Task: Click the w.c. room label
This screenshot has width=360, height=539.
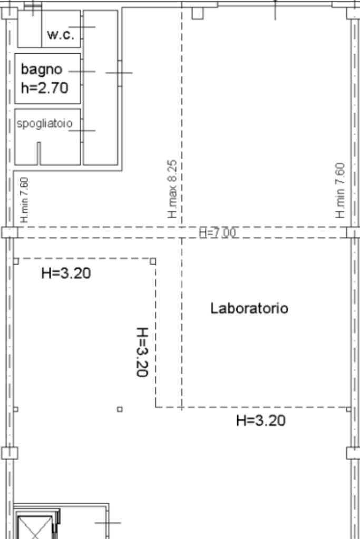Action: coord(61,34)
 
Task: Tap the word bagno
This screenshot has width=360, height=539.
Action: coord(42,70)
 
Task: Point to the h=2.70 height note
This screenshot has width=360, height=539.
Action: coord(45,88)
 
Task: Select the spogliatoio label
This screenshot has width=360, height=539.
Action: coord(44,123)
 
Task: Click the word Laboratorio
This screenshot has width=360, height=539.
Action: coord(249,308)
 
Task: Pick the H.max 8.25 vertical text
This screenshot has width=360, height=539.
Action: coord(172,189)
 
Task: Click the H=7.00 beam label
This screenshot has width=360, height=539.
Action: coord(218,233)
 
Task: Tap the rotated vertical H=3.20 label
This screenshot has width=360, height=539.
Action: coord(142,352)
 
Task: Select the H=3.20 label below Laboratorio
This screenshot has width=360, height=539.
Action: coord(260,420)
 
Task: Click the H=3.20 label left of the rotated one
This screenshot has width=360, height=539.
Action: coord(66,273)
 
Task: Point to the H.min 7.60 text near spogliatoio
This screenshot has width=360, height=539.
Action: coord(24,200)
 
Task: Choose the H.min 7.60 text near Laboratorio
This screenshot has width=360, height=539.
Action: coord(340,190)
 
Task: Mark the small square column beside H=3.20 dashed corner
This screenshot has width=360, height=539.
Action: coord(153,261)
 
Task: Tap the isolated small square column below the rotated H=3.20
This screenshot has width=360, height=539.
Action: coord(120,409)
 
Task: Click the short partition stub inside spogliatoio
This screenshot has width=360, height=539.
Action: coord(38,153)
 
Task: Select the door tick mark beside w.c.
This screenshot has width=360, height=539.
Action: coord(82,27)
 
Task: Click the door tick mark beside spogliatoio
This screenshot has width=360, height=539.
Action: coord(82,130)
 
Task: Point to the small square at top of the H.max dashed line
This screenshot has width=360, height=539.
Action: coord(197,13)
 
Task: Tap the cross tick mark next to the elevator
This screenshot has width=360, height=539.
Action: coord(108,523)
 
